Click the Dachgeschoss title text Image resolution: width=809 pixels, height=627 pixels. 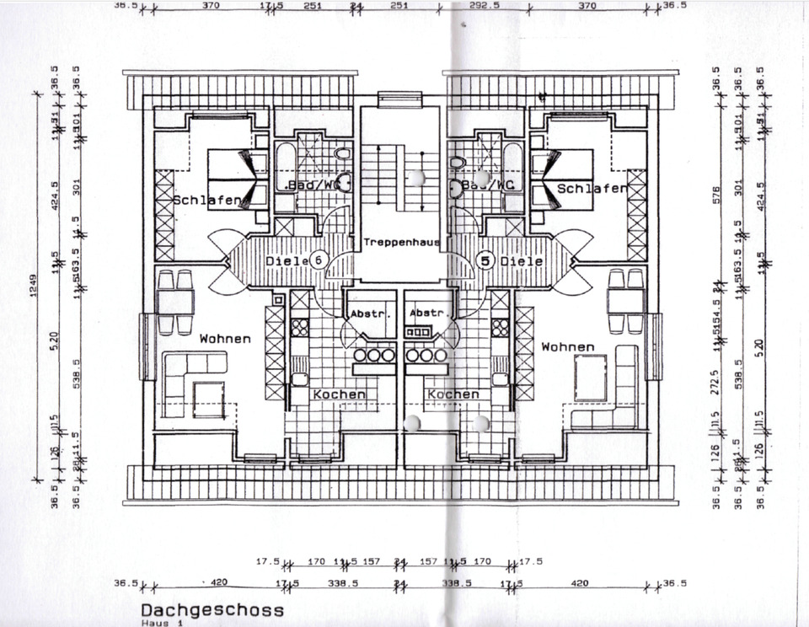pos(212,609)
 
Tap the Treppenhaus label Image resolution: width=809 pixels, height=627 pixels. pos(402,243)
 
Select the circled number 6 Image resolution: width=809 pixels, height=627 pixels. pos(318,260)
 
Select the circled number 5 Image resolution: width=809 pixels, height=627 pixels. pos(484,261)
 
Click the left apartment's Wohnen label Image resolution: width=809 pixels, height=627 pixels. pos(225,339)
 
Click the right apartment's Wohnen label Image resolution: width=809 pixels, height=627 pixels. pos(568,347)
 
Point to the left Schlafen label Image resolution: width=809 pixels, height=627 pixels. pos(207,201)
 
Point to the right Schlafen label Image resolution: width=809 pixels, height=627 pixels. pos(592,189)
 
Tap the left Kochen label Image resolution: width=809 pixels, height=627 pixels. pos(339,394)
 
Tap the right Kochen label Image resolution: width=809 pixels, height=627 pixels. pos(453,394)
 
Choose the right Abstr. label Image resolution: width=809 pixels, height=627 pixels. pos(426,313)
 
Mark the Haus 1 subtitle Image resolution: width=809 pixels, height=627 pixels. pos(160,623)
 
